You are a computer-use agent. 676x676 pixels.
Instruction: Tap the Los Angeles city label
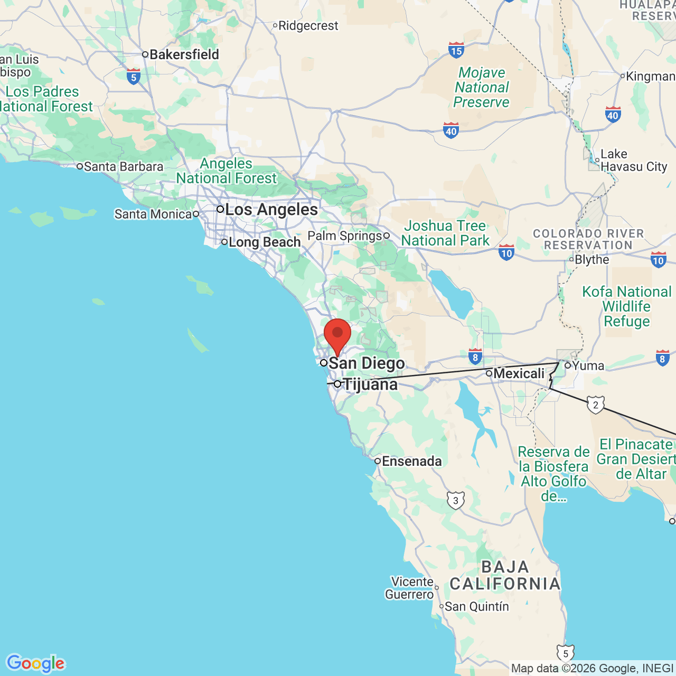271,210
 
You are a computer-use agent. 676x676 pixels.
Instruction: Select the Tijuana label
370,384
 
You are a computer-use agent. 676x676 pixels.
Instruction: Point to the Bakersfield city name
184,54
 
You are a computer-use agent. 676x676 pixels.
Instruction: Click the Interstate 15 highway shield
456,50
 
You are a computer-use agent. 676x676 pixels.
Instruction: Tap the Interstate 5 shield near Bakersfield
134,77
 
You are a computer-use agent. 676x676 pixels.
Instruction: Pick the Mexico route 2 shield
596,405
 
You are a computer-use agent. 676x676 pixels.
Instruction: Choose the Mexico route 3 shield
456,500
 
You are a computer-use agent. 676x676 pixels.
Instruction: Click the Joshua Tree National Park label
445,233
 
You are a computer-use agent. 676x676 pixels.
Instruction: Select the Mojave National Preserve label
482,87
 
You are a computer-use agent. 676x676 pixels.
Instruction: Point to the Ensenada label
411,461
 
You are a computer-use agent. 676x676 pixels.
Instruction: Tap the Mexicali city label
519,373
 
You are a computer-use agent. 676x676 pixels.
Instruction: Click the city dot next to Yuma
568,365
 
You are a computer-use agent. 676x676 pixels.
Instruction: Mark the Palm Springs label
344,236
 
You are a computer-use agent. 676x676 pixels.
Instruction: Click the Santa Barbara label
124,166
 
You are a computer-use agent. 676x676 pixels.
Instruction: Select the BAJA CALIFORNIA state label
505,575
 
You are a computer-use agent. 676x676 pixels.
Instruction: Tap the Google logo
35,663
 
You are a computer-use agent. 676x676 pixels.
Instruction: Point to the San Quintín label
476,606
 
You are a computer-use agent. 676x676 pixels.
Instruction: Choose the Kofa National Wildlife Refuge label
626,306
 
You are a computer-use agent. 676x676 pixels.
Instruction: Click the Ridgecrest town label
308,25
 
